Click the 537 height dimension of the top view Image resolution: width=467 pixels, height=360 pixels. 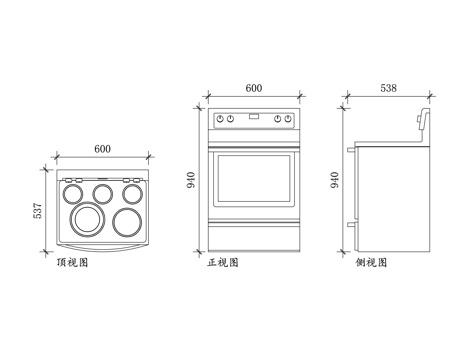(38, 211)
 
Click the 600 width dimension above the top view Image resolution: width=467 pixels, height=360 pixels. (102, 149)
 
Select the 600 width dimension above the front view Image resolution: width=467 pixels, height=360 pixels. (253, 89)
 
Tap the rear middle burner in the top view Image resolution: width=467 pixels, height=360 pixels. (102, 190)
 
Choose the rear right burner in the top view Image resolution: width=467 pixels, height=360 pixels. (131, 190)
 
